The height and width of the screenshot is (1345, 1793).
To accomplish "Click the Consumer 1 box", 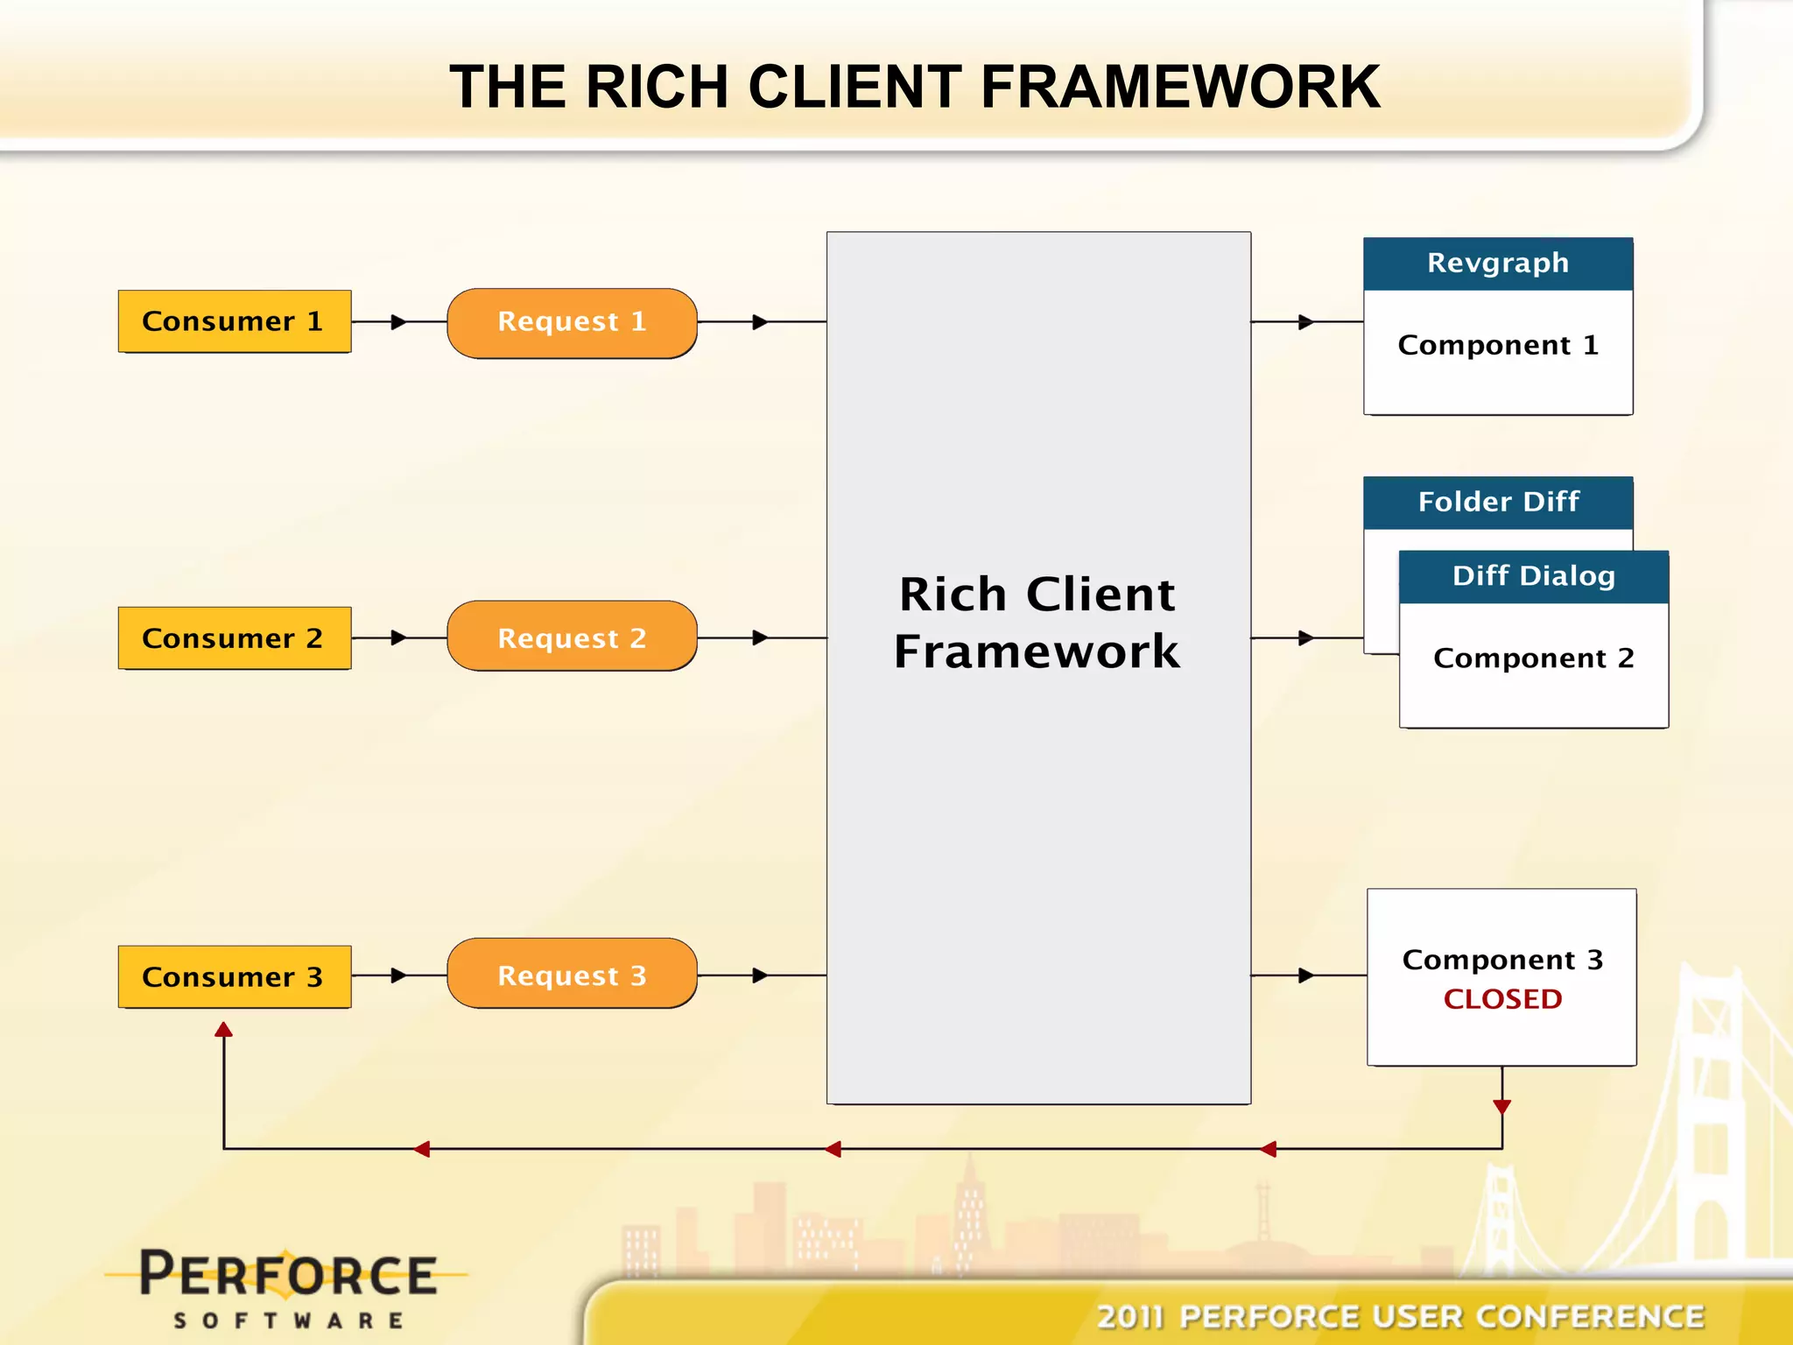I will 234,321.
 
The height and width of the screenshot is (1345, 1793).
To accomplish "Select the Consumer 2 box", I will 234,638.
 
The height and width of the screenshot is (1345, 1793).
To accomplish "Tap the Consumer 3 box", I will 234,976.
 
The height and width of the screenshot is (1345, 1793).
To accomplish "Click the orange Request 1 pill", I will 572,322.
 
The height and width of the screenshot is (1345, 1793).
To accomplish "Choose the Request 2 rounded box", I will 572,637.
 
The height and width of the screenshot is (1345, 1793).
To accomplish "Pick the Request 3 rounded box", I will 572,974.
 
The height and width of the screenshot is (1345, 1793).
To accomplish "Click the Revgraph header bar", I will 1497,264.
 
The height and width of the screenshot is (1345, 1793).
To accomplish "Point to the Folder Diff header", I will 1497,502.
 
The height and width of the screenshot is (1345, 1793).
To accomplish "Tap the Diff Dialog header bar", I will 1533,576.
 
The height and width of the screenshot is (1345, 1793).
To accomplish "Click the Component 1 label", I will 1497,345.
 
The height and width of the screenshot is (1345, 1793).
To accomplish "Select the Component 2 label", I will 1533,658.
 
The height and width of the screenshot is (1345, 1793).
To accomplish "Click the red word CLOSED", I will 1502,999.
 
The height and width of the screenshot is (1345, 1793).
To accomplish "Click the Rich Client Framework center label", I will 1037,623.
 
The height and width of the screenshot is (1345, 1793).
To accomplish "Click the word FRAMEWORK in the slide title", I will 1179,87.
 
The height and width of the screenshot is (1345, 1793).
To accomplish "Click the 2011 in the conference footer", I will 1130,1316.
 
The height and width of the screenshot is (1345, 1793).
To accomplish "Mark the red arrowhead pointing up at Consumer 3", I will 224,1030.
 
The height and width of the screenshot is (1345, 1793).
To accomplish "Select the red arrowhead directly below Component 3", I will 1502,1107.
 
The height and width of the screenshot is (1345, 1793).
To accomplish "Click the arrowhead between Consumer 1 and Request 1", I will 398,322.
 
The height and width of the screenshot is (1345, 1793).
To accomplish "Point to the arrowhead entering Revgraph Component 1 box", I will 1305,322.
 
